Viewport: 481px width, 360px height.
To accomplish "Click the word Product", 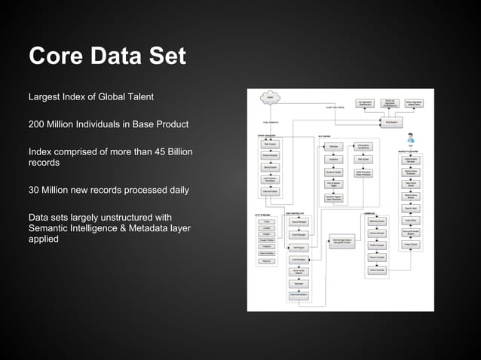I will pos(170,124).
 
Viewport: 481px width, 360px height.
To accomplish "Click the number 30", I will pos(35,191).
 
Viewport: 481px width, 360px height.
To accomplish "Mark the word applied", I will pos(44,239).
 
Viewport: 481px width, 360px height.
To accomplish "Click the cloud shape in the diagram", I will pos(269,97).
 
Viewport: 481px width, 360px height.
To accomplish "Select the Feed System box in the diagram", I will pos(391,121).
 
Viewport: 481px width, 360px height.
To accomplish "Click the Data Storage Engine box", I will pos(343,241).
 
